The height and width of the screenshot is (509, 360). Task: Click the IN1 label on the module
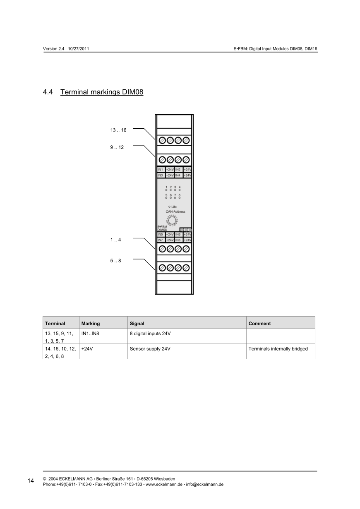tap(161, 170)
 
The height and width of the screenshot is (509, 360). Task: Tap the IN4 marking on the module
tap(178, 175)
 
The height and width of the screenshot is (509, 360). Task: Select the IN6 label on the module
tap(178, 235)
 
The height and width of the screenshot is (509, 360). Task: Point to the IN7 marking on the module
tap(161, 240)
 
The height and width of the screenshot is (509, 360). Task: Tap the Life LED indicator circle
tap(169, 206)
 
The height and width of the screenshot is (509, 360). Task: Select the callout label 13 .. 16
tap(118, 130)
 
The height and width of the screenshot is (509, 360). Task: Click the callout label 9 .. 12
tap(117, 147)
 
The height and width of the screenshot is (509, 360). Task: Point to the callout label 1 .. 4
tap(115, 240)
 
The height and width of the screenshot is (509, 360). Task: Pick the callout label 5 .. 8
tap(115, 261)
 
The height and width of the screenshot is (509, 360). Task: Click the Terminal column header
tap(55, 324)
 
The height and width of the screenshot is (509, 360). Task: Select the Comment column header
tap(259, 324)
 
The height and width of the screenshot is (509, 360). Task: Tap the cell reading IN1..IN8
tap(91, 333)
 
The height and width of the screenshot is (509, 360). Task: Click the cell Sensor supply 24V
tap(150, 349)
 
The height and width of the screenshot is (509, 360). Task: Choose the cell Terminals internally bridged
tap(278, 349)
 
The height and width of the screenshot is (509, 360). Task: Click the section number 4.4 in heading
tap(48, 92)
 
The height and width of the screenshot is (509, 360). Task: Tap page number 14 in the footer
tap(31, 481)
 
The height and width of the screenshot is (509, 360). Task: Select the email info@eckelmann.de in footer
tap(205, 484)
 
